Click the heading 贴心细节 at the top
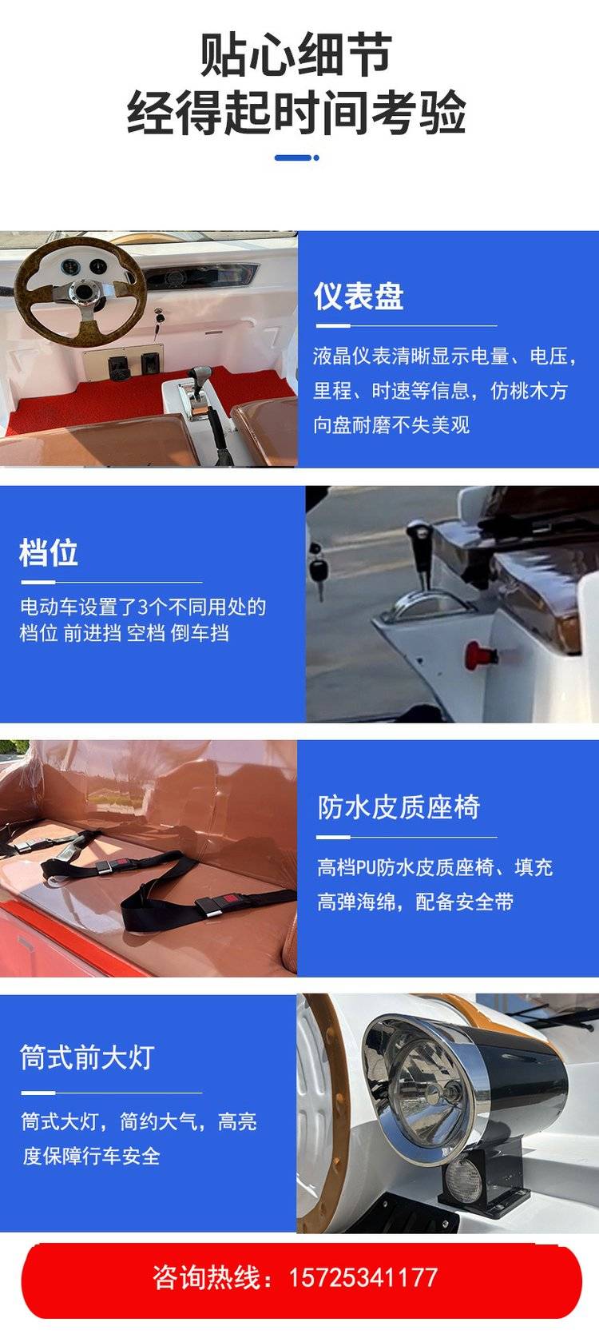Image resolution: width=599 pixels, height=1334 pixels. tap(296, 55)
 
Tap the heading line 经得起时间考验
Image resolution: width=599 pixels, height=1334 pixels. tap(296, 113)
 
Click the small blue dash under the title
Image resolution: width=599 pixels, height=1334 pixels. tap(297, 157)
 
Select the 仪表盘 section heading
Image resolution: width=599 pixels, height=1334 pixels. tap(359, 296)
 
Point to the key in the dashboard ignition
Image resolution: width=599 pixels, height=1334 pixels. tap(159, 317)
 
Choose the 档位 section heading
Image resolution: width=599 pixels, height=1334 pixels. tap(48, 552)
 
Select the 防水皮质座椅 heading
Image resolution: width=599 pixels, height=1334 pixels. tap(399, 807)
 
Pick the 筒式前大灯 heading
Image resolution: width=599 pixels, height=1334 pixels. tap(87, 1057)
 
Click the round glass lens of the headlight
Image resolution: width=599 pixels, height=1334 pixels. tap(429, 1085)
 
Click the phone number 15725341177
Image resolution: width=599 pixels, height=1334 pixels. tap(363, 1277)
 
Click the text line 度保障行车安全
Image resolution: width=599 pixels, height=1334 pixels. tap(92, 1156)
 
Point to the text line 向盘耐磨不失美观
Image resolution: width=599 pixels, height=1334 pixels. tap(392, 424)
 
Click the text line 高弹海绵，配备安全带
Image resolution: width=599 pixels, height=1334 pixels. tap(415, 902)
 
